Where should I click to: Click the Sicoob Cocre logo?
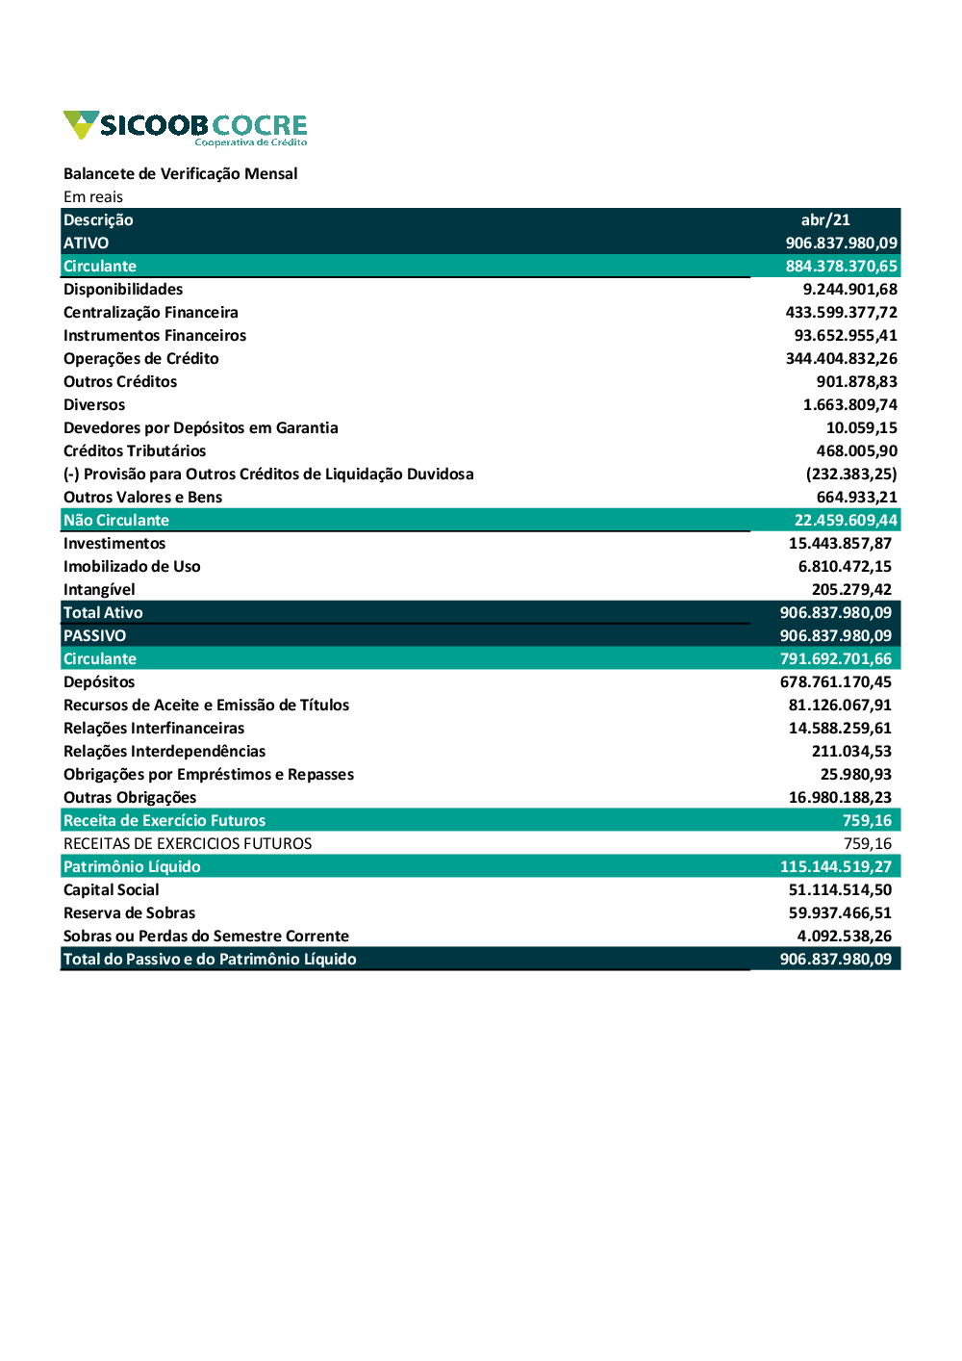point(185,127)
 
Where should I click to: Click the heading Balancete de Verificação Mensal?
point(180,173)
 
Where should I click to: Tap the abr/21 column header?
point(825,219)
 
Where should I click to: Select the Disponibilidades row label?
point(123,289)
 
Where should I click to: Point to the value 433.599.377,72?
point(841,312)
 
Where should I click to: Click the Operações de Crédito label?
point(140,358)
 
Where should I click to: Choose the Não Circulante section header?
point(116,520)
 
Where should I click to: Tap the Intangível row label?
point(99,589)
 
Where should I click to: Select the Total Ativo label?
point(103,612)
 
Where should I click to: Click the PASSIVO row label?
point(94,635)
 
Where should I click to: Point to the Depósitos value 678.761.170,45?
point(835,681)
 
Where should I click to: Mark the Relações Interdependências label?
point(165,751)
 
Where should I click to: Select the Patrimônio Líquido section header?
point(132,866)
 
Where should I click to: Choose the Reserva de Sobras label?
point(129,912)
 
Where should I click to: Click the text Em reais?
point(93,196)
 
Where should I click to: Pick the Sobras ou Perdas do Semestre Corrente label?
point(206,936)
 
